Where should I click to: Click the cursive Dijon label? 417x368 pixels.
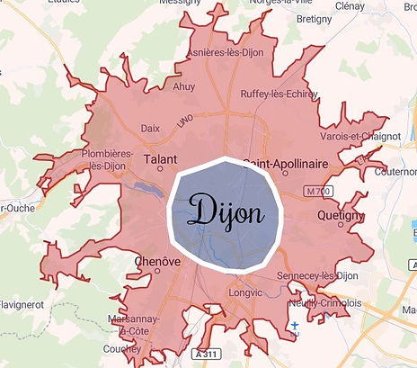pyautogui.click(x=227, y=212)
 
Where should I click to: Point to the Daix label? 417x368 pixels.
pyautogui.click(x=150, y=129)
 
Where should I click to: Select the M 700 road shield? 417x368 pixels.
pyautogui.click(x=317, y=192)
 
